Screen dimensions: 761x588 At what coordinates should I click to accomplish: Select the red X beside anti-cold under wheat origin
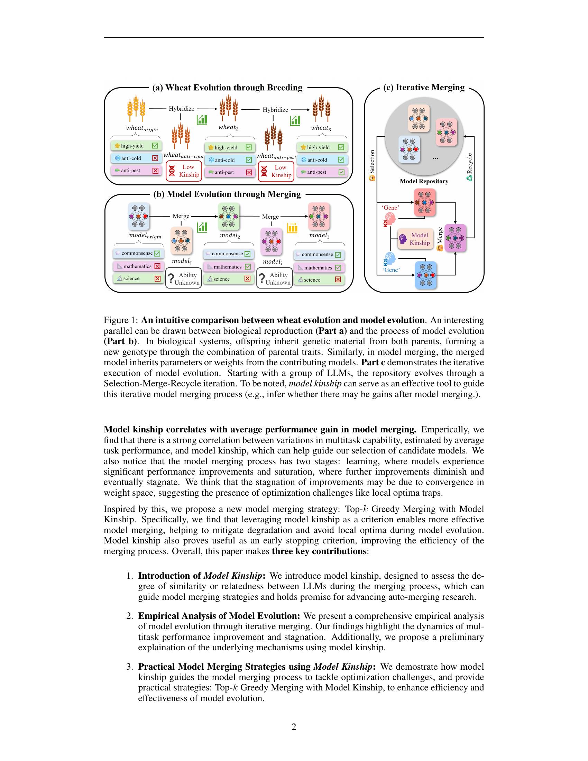[155, 158]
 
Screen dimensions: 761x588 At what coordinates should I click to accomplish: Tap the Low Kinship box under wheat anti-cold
[184, 171]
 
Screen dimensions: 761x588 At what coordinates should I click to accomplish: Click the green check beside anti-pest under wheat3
[341, 172]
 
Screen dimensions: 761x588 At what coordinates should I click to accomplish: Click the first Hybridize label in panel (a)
[182, 109]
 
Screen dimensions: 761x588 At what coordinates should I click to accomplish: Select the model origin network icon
[139, 217]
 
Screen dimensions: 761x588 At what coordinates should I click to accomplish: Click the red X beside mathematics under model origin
[157, 266]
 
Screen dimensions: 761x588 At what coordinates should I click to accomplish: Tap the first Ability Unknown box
[184, 278]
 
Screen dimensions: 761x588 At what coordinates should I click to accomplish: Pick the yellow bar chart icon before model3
[292, 228]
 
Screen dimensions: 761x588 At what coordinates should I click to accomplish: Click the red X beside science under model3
[338, 279]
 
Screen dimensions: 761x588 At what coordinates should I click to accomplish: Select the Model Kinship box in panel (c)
[415, 239]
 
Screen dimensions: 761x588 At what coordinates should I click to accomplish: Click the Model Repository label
[424, 181]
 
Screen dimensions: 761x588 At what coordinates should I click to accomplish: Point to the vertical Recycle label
[470, 164]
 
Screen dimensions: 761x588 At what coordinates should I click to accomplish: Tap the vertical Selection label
[372, 162]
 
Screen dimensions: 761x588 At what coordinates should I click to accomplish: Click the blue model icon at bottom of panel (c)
[426, 275]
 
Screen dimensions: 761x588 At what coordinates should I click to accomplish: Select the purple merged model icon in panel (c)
[455, 238]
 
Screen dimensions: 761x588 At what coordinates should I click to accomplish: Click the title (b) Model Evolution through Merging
[227, 194]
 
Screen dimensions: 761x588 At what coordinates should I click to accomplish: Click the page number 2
[294, 727]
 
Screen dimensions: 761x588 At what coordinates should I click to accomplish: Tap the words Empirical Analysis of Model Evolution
[219, 616]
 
